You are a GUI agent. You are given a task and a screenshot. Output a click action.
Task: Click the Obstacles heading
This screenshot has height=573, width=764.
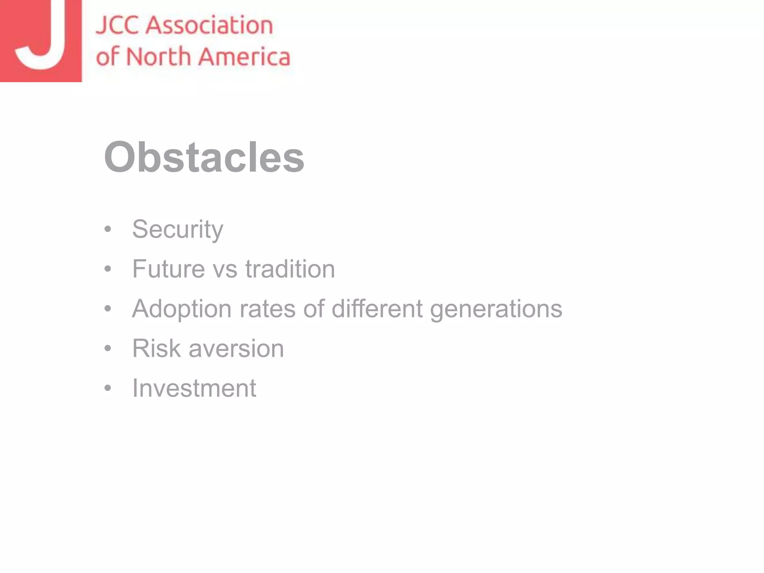[x=204, y=157]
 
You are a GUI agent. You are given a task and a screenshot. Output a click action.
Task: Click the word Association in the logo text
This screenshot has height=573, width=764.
[x=209, y=25]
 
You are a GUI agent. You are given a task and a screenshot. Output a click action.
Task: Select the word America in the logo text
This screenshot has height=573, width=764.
[x=244, y=57]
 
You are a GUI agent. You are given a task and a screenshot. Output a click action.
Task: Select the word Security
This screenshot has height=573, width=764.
[x=178, y=229]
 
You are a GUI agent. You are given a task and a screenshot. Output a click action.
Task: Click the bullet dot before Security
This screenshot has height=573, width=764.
[x=108, y=229]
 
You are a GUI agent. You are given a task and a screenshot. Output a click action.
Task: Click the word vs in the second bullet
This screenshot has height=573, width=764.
[x=225, y=269]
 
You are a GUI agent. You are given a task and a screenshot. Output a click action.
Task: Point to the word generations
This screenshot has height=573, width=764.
[x=496, y=309]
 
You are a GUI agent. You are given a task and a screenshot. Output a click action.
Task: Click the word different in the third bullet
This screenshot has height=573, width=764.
[x=377, y=309]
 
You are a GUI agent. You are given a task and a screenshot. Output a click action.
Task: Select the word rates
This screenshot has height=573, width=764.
[x=267, y=309]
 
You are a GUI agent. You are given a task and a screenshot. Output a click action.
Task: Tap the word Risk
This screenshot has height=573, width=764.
[x=156, y=348]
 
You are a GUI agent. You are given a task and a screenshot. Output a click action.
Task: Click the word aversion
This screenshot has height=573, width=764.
[x=236, y=349]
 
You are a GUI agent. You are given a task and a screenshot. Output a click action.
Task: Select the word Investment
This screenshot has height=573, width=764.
[x=194, y=388]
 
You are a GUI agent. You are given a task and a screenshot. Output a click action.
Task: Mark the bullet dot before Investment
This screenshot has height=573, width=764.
[x=108, y=388]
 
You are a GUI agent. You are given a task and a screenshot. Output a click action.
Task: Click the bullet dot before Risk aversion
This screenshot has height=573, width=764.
[x=108, y=348]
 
